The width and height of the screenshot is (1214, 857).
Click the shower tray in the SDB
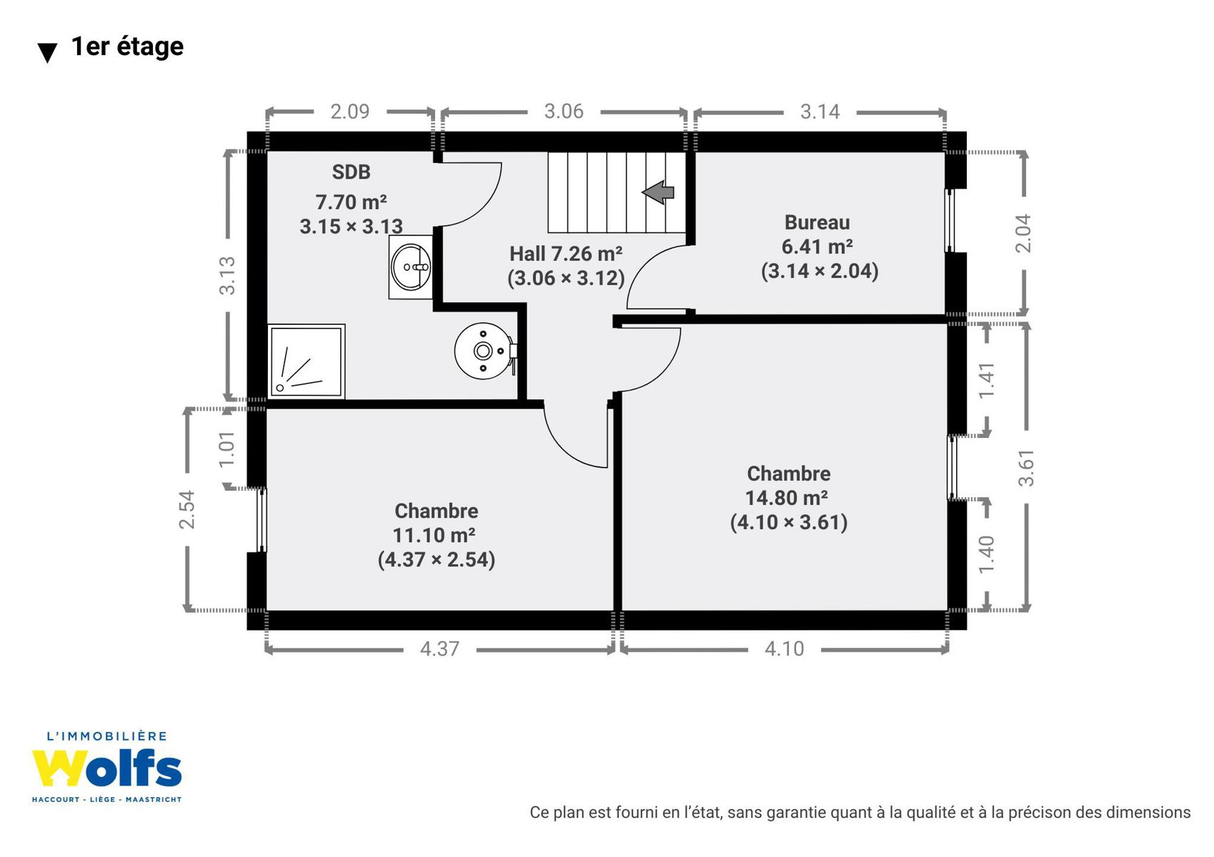click(x=307, y=361)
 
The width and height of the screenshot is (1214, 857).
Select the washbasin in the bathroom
click(x=411, y=266)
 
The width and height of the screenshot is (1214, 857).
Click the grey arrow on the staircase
click(x=658, y=192)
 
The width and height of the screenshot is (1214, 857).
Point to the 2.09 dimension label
click(x=349, y=111)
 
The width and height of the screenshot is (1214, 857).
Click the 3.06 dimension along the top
click(x=564, y=111)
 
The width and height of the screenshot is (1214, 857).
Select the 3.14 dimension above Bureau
click(x=820, y=112)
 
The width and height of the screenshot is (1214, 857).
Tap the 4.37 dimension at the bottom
click(x=439, y=649)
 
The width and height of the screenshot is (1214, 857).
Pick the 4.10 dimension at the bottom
click(x=785, y=649)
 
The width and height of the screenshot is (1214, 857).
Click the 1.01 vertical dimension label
click(x=227, y=449)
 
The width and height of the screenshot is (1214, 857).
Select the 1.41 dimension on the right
click(x=986, y=380)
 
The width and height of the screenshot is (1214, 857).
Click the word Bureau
click(x=817, y=223)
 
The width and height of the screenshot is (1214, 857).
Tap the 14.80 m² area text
click(x=787, y=497)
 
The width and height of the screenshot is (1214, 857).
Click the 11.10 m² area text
click(x=434, y=535)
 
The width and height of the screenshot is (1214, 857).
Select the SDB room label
click(x=351, y=172)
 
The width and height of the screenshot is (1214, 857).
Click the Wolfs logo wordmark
click(x=106, y=768)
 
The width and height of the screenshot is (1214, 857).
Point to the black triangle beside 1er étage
click(x=47, y=53)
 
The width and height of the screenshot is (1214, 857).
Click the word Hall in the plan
click(x=527, y=254)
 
